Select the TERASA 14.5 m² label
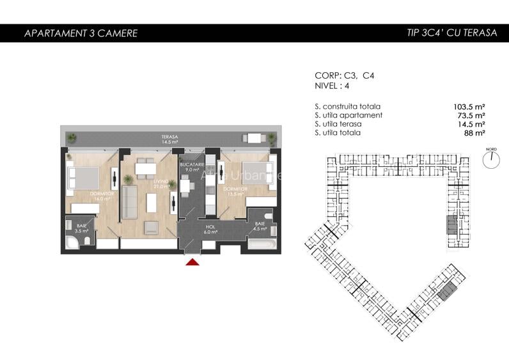169,139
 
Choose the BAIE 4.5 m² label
259,226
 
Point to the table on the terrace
254,137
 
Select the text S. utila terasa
338,124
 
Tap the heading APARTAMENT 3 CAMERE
81,33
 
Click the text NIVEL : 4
333,85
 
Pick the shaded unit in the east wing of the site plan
453,223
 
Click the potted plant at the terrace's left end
72,137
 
